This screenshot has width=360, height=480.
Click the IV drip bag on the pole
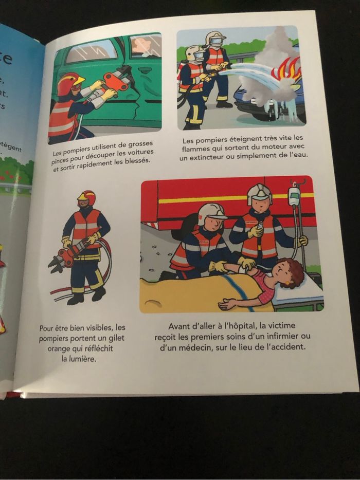click(294, 196)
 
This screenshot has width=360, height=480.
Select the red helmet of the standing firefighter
click(87, 197)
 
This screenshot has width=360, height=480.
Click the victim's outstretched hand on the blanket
click(224, 304)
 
